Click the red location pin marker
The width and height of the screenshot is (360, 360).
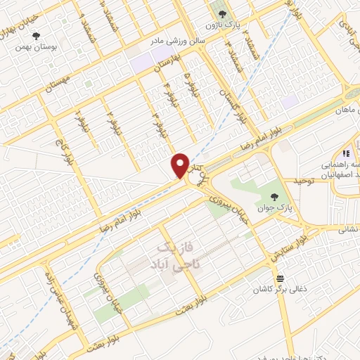[180, 166]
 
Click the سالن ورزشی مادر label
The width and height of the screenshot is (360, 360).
[179, 41]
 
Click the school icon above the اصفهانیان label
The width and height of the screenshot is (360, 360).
[345, 153]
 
